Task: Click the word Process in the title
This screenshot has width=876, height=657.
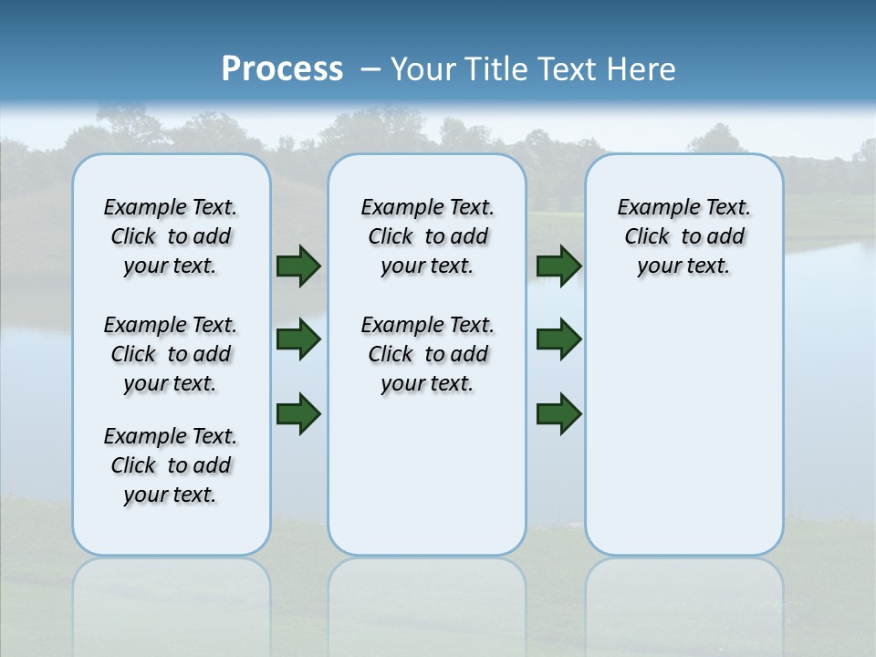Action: [x=282, y=68]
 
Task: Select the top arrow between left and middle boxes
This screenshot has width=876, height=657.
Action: [x=297, y=266]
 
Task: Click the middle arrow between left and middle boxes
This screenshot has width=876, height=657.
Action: [x=297, y=339]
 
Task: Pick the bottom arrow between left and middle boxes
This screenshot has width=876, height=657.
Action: [x=297, y=413]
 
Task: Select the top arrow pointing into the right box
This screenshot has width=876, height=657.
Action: [x=558, y=266]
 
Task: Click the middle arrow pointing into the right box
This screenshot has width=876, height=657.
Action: [x=558, y=339]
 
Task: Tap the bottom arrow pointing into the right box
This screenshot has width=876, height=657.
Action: [x=558, y=413]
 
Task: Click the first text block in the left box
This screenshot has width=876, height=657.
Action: [x=171, y=236]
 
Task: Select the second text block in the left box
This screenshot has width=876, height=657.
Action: [x=171, y=354]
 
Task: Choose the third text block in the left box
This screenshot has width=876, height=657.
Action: [x=171, y=465]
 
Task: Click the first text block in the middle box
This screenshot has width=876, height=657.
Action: [x=427, y=236]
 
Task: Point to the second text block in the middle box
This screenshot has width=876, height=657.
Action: [x=427, y=354]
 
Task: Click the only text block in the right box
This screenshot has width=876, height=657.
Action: [x=683, y=236]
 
